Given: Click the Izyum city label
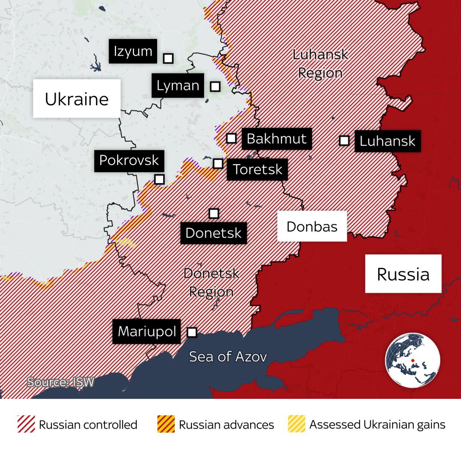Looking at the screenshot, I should click(x=133, y=51).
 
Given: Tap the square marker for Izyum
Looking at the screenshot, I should click(x=168, y=58).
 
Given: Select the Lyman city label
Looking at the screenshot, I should click(x=177, y=85).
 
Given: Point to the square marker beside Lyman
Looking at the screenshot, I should click(x=215, y=86).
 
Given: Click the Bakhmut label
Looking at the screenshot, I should click(x=277, y=139).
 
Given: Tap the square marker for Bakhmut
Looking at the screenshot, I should click(x=231, y=138).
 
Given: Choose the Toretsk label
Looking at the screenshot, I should click(x=257, y=169).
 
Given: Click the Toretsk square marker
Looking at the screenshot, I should click(x=218, y=164).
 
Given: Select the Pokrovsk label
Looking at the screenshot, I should click(x=129, y=161).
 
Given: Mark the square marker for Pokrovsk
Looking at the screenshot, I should click(x=159, y=179).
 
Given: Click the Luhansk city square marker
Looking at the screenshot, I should click(x=344, y=141).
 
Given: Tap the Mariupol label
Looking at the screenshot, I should click(x=147, y=332).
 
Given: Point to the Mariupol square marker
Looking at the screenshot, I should click(x=192, y=332).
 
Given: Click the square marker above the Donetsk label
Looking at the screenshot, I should click(x=214, y=213).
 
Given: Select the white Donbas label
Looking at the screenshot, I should click(x=312, y=226).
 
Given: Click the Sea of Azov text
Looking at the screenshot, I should click(x=228, y=357).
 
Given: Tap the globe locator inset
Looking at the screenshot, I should click(x=413, y=360).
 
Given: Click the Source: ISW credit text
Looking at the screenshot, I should click(x=60, y=382).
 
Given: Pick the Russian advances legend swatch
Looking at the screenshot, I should click(x=166, y=424).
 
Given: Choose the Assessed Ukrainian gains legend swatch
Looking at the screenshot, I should click(x=297, y=424).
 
